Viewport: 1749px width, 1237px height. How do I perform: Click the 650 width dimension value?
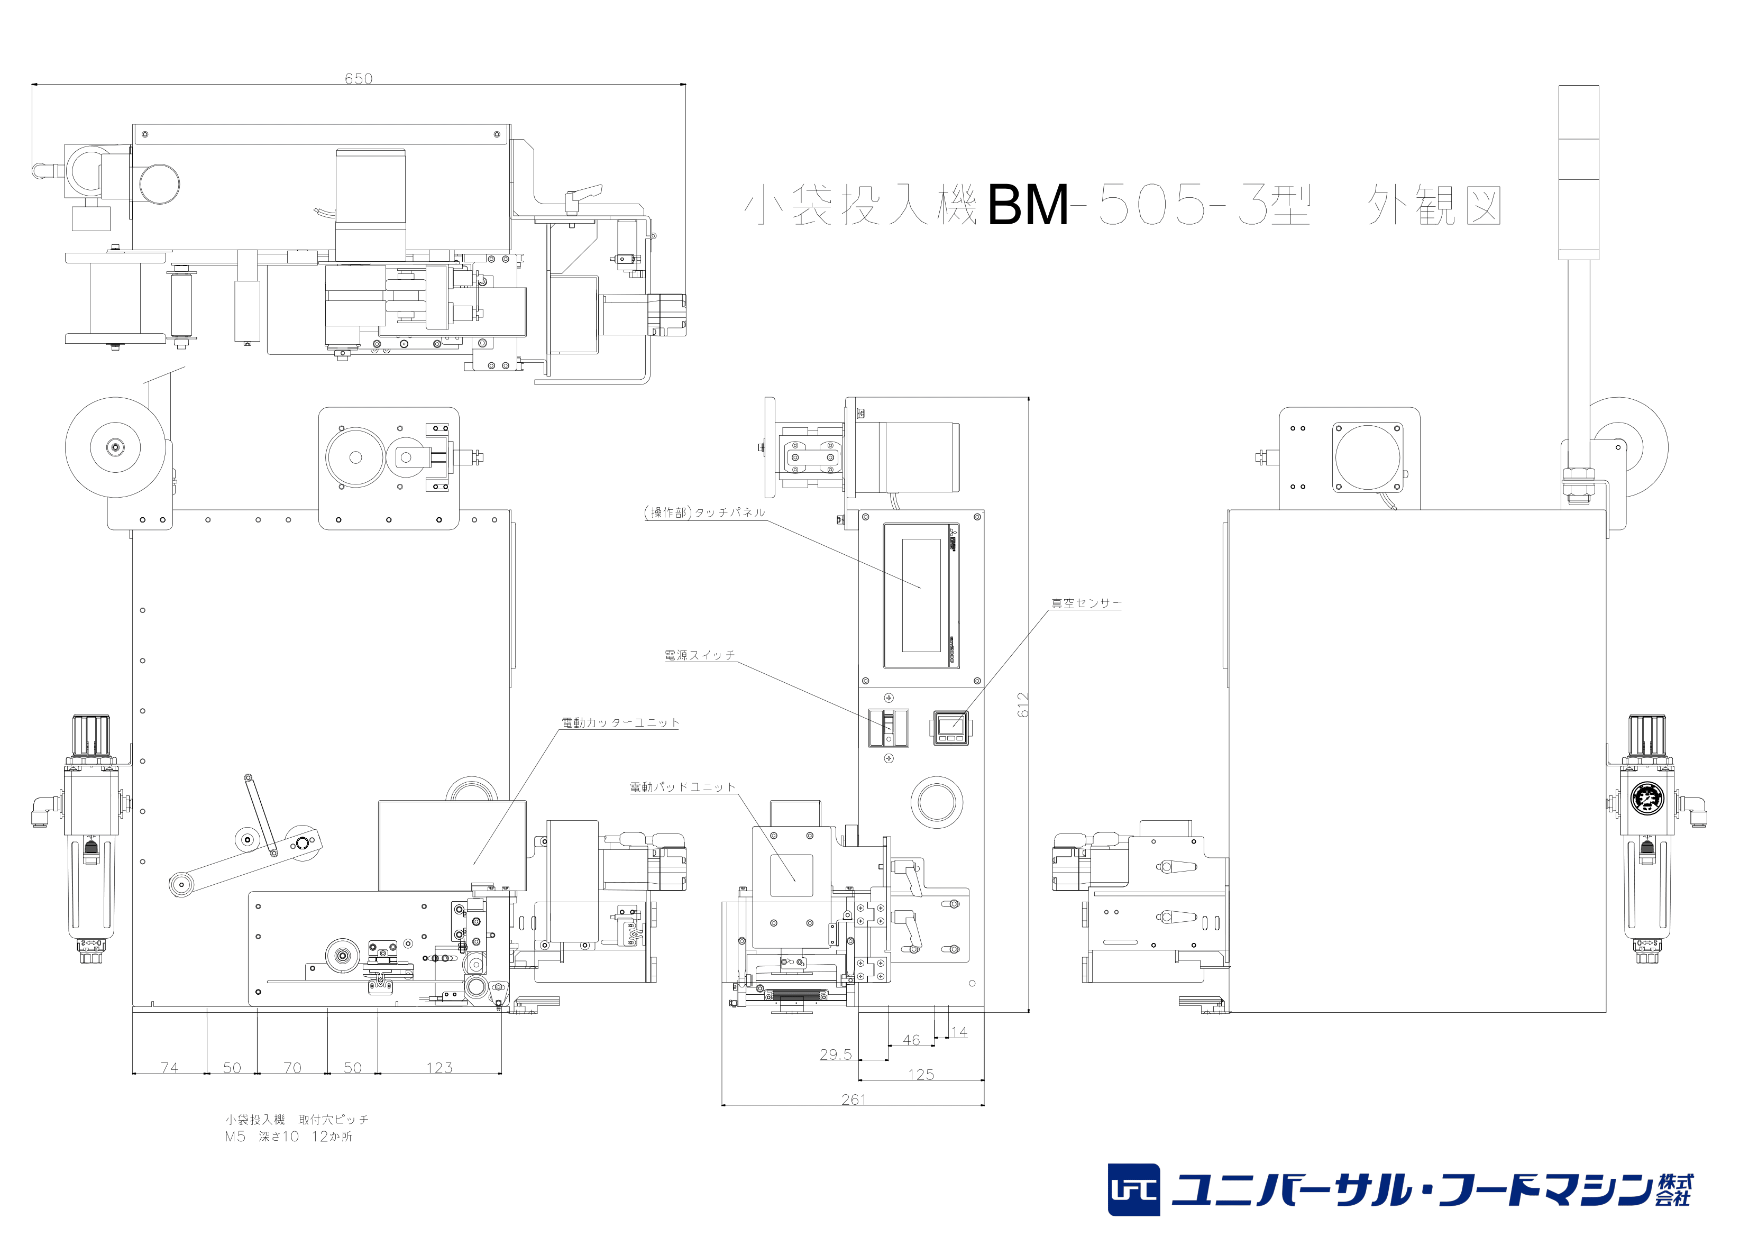[x=358, y=78]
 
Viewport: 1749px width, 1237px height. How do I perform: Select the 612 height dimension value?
[x=1022, y=704]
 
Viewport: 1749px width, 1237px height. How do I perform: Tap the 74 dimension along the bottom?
[x=169, y=1068]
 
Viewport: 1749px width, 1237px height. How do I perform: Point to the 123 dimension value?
[x=439, y=1068]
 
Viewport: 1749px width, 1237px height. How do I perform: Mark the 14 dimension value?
[x=958, y=1032]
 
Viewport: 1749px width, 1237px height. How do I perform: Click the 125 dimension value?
[x=920, y=1074]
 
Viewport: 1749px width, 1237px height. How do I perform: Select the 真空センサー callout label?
[x=1086, y=603]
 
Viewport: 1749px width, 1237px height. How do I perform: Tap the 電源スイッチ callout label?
[x=699, y=655]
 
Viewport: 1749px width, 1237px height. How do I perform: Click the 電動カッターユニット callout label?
[x=620, y=723]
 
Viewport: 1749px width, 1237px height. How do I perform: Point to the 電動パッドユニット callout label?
[x=682, y=787]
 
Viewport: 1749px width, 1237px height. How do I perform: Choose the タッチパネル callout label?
[x=704, y=512]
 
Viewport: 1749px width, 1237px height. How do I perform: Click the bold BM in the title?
[x=1028, y=206]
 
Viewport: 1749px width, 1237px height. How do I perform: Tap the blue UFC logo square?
[x=1133, y=1190]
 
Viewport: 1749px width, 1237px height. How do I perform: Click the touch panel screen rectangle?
[x=922, y=595]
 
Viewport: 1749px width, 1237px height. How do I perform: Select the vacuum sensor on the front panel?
[x=951, y=727]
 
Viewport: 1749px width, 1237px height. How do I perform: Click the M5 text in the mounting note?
[x=235, y=1137]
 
